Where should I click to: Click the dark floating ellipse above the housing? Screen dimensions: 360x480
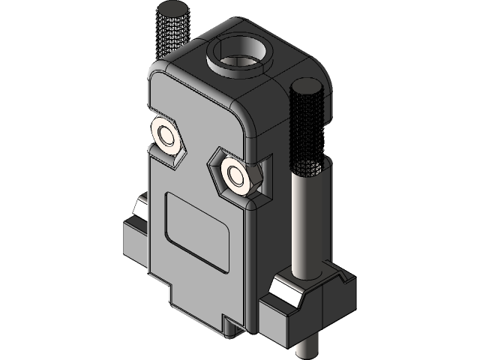click(173, 9)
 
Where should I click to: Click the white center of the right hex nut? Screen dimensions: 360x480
click(239, 176)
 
